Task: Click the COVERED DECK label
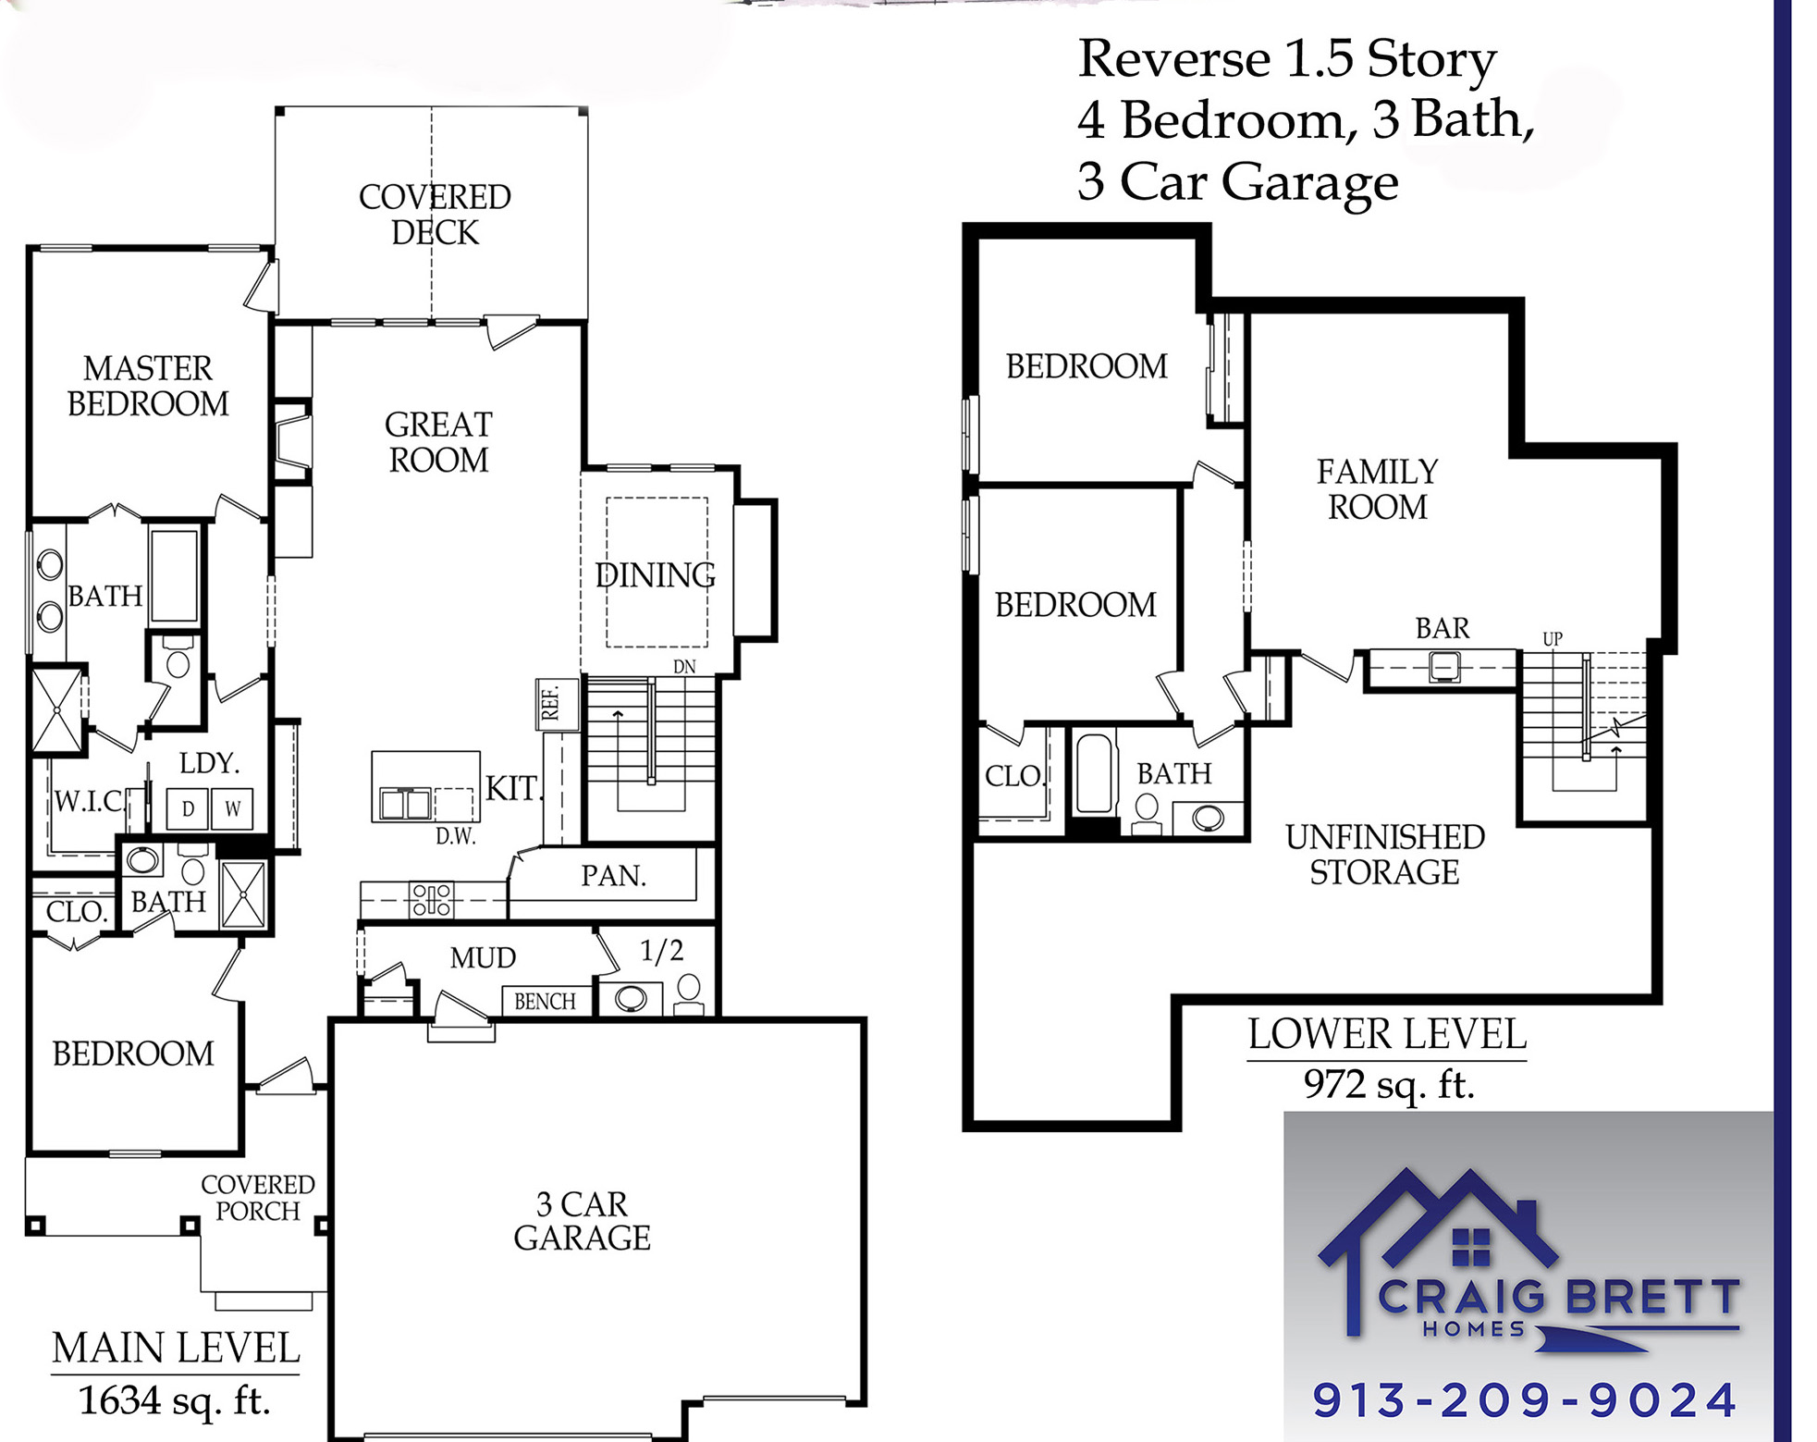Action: (435, 215)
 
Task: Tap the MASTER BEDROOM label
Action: (148, 386)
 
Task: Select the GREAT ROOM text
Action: (438, 442)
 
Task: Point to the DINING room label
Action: (655, 574)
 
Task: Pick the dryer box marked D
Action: (188, 808)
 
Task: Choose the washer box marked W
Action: (232, 808)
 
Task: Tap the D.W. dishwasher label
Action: (455, 836)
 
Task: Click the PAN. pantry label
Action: (612, 875)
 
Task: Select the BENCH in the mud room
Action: (545, 1001)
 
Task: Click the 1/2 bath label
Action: (662, 950)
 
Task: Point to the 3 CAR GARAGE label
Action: (583, 1221)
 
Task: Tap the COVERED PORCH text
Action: (258, 1198)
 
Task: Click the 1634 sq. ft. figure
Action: (174, 1400)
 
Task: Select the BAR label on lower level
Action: (1442, 628)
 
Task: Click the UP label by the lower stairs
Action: (1553, 638)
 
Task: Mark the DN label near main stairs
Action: (684, 666)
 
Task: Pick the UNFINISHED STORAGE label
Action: (1384, 854)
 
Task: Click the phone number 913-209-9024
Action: (1526, 1399)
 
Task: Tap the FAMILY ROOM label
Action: (1377, 489)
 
